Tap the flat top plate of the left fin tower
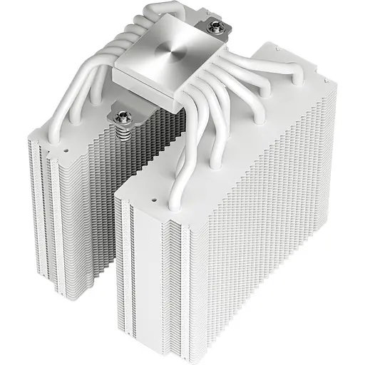75,143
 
